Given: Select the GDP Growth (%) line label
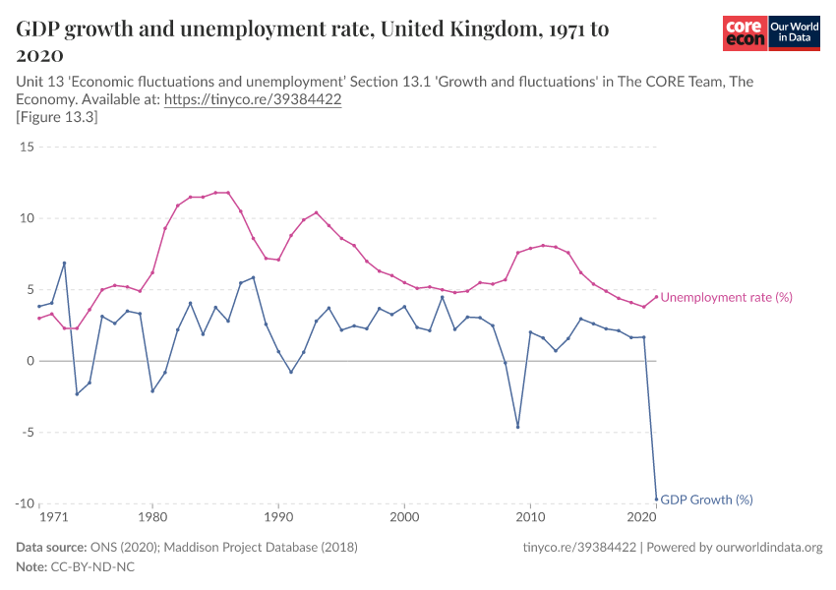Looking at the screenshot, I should click(x=706, y=500).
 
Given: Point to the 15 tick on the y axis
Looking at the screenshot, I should click(x=28, y=147).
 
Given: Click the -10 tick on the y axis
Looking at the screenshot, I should click(x=25, y=503).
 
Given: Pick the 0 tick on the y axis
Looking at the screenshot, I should click(x=30, y=361).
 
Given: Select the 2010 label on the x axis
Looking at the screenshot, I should click(x=531, y=517).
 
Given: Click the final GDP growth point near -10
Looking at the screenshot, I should click(x=656, y=499).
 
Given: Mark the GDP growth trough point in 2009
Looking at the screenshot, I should click(x=517, y=427).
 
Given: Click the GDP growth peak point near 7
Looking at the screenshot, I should click(x=64, y=264).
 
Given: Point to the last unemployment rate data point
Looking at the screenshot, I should click(x=656, y=297).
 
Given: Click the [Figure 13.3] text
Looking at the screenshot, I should click(x=56, y=117).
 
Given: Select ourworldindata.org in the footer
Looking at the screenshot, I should click(x=764, y=547).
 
